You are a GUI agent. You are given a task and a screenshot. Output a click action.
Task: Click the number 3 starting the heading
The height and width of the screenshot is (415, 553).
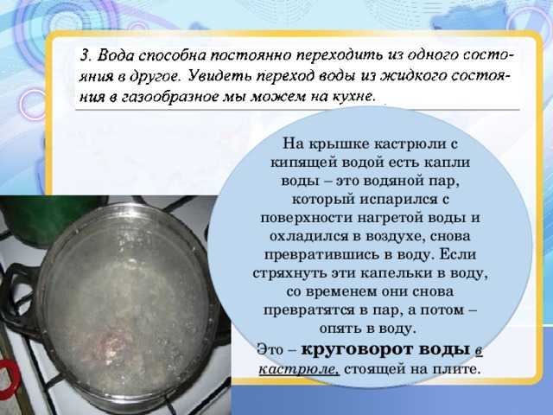[85, 55]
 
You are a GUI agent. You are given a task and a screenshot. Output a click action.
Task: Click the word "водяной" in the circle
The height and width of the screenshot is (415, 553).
[392, 181]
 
